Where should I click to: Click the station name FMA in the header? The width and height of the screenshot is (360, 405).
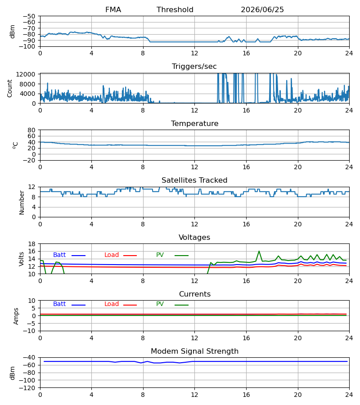click(x=113, y=10)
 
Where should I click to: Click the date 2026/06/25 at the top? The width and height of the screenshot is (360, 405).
click(x=262, y=10)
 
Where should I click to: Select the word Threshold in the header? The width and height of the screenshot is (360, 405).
click(x=175, y=10)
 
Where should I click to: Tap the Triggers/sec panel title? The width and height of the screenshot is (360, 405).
click(x=194, y=67)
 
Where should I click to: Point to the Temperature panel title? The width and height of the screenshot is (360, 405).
click(x=194, y=123)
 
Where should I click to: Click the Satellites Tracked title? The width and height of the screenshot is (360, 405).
click(x=194, y=180)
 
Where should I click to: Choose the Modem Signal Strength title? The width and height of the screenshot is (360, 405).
click(x=194, y=351)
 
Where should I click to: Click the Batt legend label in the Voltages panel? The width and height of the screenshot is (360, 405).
click(x=59, y=255)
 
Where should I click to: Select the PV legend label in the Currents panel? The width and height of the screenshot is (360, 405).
click(x=160, y=304)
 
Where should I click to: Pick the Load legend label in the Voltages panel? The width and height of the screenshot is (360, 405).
click(x=112, y=255)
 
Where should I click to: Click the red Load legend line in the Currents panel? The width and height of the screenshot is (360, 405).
click(x=130, y=305)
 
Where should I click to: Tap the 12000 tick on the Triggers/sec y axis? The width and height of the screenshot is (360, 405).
click(x=26, y=74)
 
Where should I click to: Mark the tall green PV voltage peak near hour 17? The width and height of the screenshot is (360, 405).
click(x=259, y=251)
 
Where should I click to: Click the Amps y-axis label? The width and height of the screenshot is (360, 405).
click(x=16, y=316)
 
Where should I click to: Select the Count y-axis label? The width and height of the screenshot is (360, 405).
click(x=10, y=88)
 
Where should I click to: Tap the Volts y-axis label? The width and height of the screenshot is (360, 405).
click(x=21, y=259)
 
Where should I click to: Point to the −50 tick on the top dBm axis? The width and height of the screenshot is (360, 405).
click(x=29, y=16)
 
